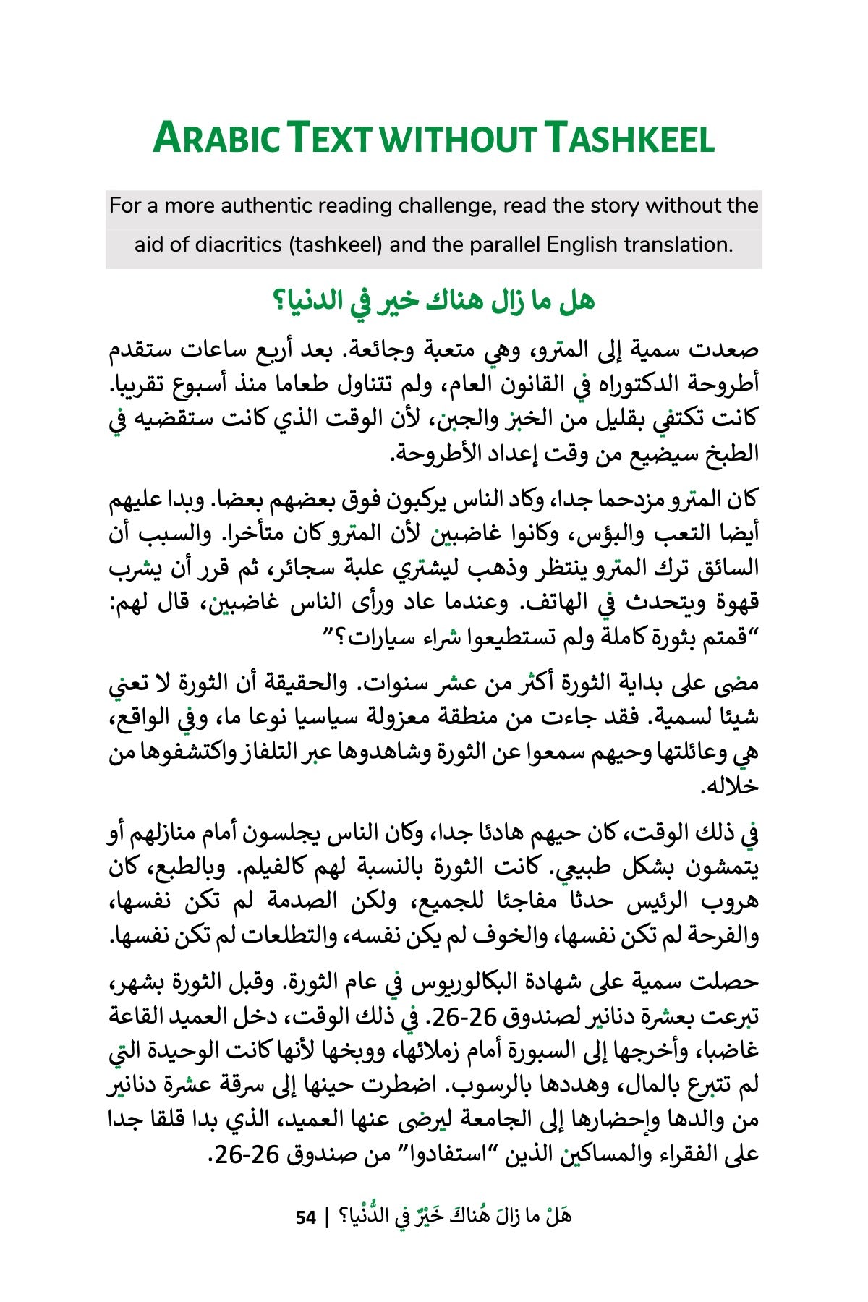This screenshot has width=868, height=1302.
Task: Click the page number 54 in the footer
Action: pyautogui.click(x=306, y=1217)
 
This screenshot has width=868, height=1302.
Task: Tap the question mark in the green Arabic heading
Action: pyautogui.click(x=278, y=301)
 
